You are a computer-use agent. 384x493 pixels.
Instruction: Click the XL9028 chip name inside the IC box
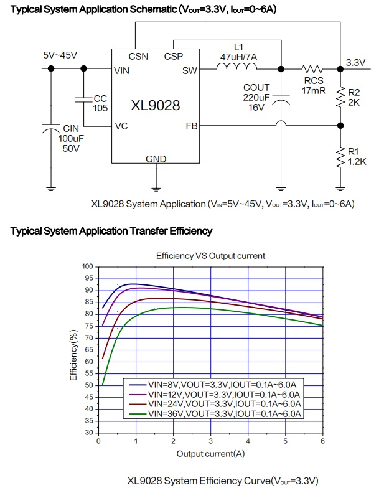click(155, 105)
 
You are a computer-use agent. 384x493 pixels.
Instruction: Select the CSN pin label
click(139, 56)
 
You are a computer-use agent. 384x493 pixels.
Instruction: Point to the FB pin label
click(191, 126)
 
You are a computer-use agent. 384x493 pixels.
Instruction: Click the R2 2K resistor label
click(354, 97)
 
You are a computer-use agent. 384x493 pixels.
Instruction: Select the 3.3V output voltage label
click(356, 62)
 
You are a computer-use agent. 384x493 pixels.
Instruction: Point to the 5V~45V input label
click(60, 55)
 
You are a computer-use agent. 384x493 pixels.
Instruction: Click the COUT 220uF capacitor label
click(256, 97)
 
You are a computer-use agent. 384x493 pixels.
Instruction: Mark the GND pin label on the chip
click(156, 159)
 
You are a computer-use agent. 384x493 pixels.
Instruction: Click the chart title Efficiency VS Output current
click(210, 255)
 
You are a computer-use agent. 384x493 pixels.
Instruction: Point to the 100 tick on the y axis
click(88, 266)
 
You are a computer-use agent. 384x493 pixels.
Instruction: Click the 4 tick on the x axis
click(248, 441)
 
